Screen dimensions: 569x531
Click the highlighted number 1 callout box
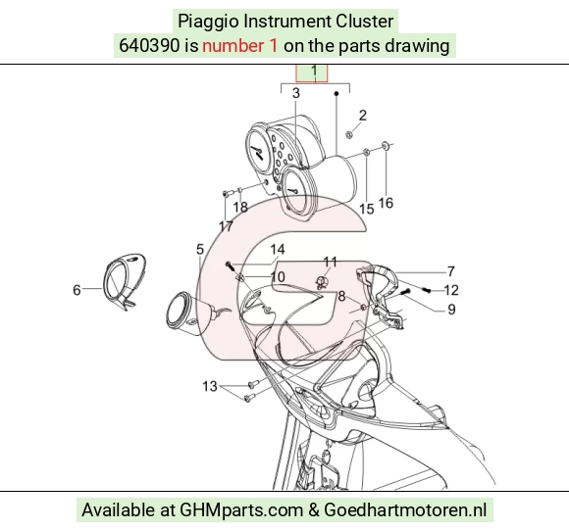point(312,72)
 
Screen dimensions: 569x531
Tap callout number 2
point(363,116)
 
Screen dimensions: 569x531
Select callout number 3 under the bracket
point(296,93)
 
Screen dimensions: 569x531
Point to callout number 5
point(200,250)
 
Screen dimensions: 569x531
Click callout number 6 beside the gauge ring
point(77,290)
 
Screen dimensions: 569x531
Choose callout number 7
point(450,271)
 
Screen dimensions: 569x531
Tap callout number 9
point(451,310)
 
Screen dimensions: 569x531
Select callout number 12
point(451,290)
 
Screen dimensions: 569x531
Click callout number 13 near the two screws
point(210,386)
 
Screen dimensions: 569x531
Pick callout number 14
point(278,250)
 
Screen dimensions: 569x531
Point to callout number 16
point(386,203)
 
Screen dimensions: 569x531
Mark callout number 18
point(240,208)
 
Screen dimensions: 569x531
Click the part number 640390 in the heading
point(149,46)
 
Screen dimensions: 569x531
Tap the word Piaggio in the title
point(208,22)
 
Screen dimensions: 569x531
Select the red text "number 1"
point(240,46)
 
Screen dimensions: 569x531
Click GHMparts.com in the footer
point(241,510)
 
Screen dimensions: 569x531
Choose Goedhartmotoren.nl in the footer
point(405,510)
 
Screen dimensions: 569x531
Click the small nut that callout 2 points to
point(349,135)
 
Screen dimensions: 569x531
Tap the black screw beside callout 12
point(427,289)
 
